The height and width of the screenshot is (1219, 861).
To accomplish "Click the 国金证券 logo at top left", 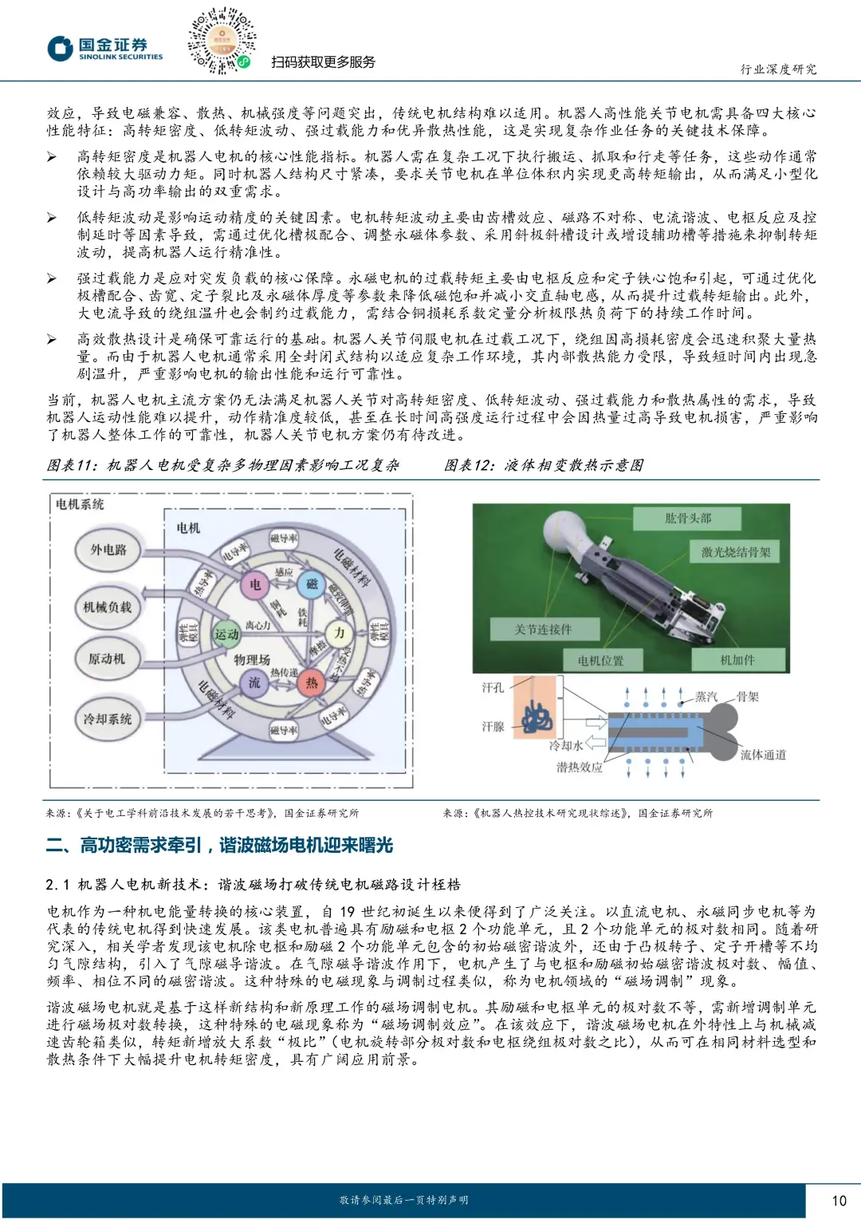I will pyautogui.click(x=104, y=49).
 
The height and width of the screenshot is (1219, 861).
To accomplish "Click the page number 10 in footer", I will pyautogui.click(x=838, y=1200).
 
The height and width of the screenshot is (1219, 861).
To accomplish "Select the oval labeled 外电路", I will pyautogui.click(x=108, y=550).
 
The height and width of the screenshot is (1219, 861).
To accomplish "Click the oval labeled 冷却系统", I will pyautogui.click(x=108, y=719).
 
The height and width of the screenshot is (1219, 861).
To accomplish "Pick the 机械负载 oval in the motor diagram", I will pyautogui.click(x=108, y=607).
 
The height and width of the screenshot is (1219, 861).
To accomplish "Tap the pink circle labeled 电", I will pyautogui.click(x=255, y=584).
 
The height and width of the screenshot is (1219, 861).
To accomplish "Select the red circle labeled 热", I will pyautogui.click(x=311, y=683).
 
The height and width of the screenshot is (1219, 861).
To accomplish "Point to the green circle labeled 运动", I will pyautogui.click(x=226, y=634).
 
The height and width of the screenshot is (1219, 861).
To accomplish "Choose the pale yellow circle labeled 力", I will pyautogui.click(x=340, y=633).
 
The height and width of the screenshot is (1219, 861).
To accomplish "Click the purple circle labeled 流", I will pyautogui.click(x=254, y=683).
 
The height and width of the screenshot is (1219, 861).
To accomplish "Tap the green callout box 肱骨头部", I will pyautogui.click(x=687, y=519).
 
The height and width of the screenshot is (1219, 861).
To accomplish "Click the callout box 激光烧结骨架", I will pyautogui.click(x=735, y=552).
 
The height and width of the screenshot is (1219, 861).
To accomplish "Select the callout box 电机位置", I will pyautogui.click(x=601, y=661).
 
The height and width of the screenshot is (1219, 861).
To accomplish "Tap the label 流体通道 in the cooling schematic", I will pyautogui.click(x=762, y=755).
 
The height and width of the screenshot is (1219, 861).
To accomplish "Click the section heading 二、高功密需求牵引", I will pyautogui.click(x=219, y=846).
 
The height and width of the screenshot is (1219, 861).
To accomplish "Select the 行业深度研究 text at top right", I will pyautogui.click(x=778, y=69).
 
